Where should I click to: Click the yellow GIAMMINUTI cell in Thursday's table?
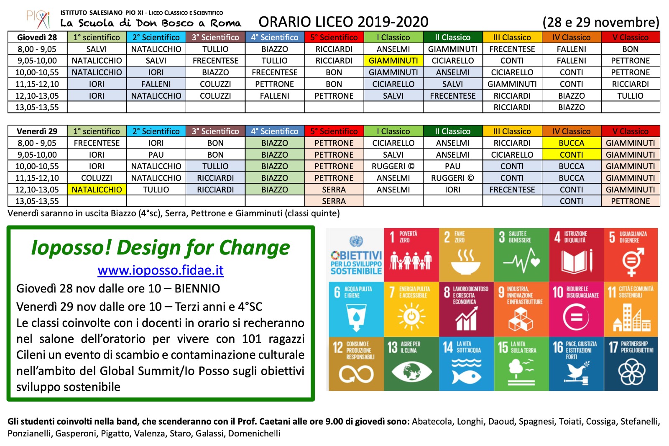[x=393, y=61]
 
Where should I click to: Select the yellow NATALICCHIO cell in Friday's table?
[x=97, y=190]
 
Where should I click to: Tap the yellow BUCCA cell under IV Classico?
[x=571, y=143]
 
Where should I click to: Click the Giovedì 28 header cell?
[x=37, y=37]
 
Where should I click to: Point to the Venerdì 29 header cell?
[x=37, y=131]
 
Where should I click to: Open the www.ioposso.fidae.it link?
[x=161, y=270]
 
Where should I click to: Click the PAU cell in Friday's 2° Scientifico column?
[x=156, y=155]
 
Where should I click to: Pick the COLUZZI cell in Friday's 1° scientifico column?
[x=97, y=178]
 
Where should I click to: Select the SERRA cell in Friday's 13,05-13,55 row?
[x=334, y=201]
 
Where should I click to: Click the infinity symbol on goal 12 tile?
[x=356, y=374]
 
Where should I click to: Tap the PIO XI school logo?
[x=38, y=19]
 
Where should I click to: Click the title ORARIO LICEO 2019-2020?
[x=343, y=22]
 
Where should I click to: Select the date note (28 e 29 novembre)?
[x=600, y=22]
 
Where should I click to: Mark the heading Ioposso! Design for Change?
[x=161, y=247]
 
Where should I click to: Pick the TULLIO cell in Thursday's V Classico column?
[x=630, y=96]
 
